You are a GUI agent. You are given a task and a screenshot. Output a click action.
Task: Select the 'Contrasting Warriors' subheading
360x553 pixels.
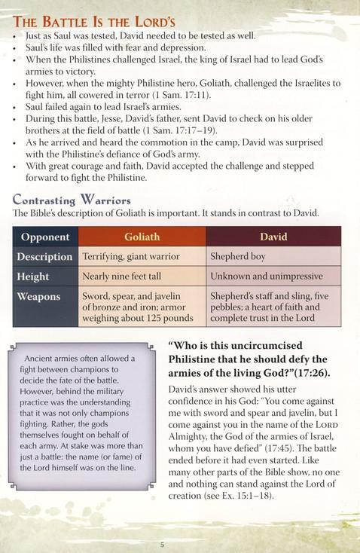(x=72, y=200)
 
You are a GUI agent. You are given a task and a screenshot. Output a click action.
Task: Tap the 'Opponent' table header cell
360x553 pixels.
(x=45, y=237)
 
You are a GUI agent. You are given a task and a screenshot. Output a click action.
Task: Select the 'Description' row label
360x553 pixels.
(x=45, y=257)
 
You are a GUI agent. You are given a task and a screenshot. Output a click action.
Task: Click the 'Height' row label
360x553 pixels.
(x=33, y=276)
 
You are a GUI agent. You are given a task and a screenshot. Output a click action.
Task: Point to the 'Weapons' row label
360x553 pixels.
(x=38, y=297)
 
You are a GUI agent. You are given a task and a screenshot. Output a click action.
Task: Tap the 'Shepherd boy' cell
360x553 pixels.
(x=239, y=257)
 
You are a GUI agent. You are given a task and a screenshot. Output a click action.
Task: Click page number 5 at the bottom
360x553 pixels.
(x=162, y=544)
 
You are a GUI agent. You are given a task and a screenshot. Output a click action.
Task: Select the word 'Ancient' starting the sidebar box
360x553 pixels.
(x=42, y=358)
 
